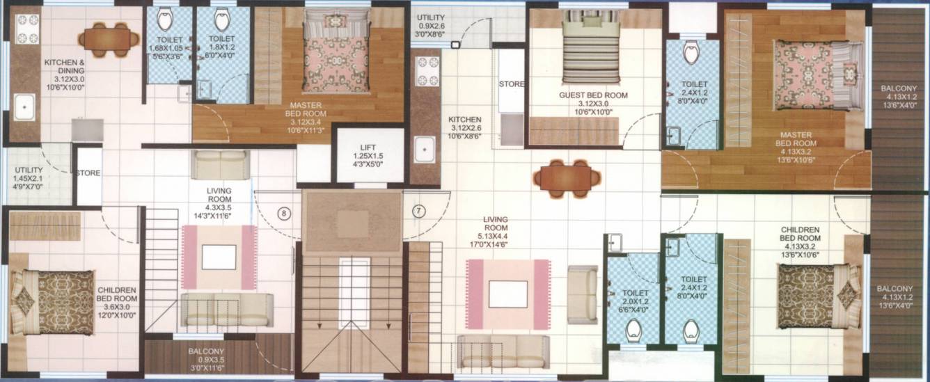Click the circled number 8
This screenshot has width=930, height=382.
click(x=283, y=214)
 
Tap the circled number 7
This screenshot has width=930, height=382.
click(x=418, y=211)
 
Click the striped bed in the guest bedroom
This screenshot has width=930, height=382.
click(x=590, y=48)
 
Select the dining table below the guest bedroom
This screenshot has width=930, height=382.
click(x=567, y=178)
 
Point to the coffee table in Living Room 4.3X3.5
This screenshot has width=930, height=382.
click(x=219, y=257)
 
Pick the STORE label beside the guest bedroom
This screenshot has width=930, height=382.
click(x=511, y=84)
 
